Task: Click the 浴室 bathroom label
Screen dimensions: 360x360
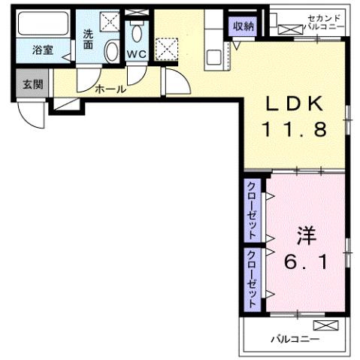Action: point(42,50)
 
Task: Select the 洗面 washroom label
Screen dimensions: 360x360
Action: point(89,39)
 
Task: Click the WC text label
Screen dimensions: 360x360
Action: point(136,54)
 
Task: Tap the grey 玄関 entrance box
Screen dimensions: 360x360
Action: point(32,83)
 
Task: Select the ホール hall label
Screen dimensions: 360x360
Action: point(110,89)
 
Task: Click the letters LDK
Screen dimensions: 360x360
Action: point(294,104)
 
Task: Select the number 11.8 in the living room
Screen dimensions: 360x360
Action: point(294,129)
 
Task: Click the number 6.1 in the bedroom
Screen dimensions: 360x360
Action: point(304,263)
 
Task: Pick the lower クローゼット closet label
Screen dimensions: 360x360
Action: point(252,275)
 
